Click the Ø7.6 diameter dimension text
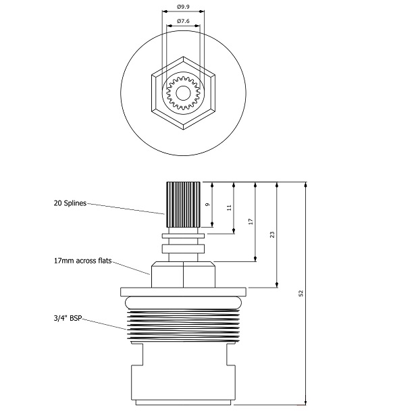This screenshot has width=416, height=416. point(183,22)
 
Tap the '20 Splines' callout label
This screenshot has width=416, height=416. point(71,203)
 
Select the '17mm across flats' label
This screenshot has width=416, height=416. point(82,259)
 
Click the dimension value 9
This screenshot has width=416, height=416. point(208,205)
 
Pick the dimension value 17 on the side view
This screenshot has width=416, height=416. point(251,222)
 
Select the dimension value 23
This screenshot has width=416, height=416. point(272,234)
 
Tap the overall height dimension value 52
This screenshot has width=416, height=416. point(301,293)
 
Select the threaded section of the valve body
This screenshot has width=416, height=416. point(183,321)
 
